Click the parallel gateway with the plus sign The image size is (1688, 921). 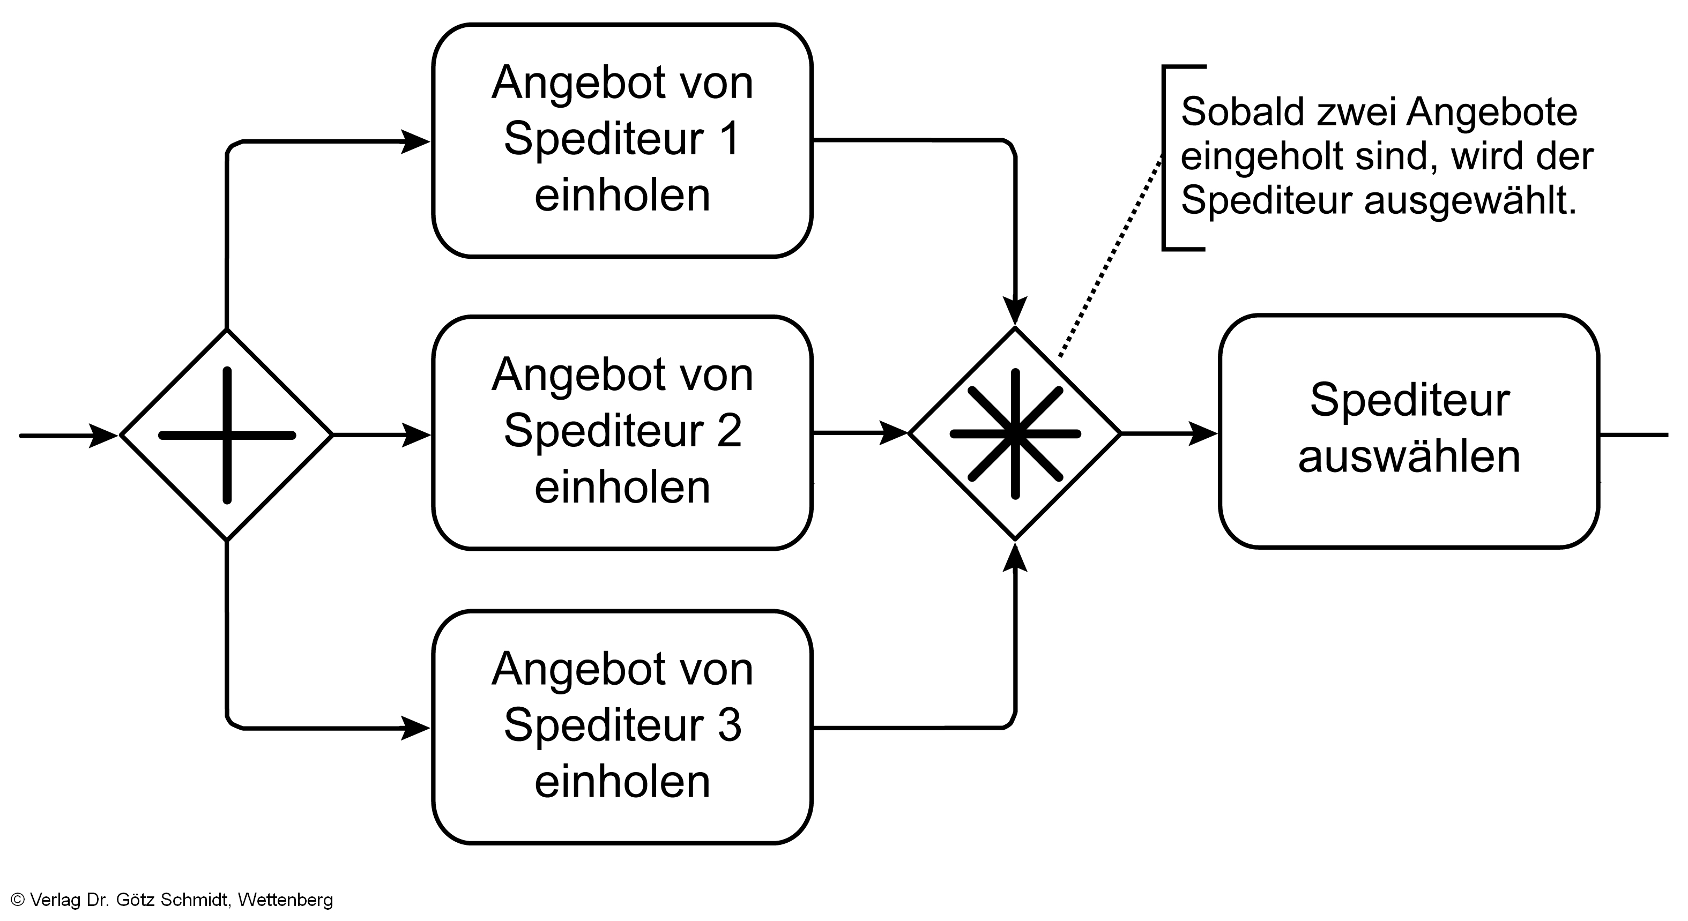tap(227, 435)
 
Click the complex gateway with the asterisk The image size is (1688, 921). tap(1014, 433)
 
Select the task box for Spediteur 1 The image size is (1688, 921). tap(622, 140)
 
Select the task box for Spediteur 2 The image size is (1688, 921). tap(622, 432)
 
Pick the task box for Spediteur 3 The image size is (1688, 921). tap(622, 727)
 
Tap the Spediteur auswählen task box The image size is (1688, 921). tap(1409, 431)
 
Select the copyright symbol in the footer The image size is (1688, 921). tap(18, 900)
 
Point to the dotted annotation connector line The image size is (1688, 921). tap(1111, 256)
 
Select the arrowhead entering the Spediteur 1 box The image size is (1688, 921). tap(415, 141)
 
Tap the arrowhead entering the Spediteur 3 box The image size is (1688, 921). tap(415, 728)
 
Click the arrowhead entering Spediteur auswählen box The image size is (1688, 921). tap(1202, 433)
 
